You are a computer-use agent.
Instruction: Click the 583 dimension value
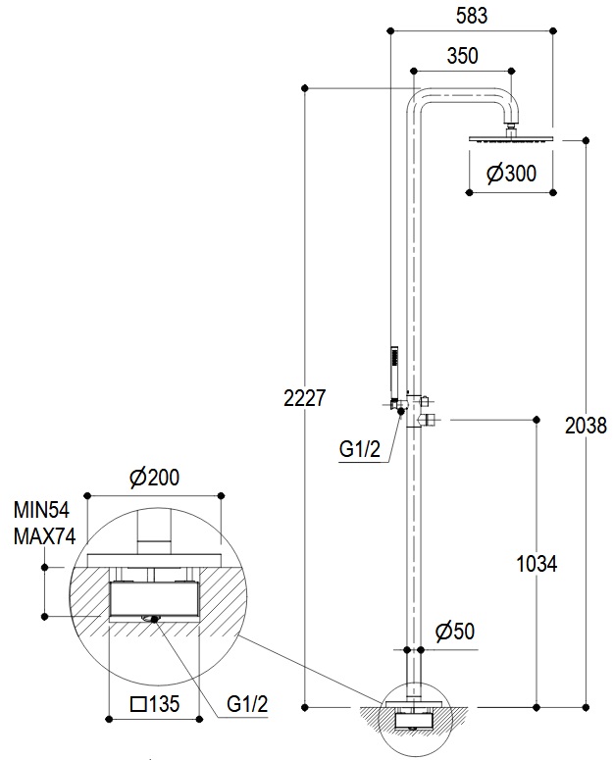point(471,16)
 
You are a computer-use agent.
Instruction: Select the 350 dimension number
point(462,56)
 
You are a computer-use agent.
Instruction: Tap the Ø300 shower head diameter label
point(511,173)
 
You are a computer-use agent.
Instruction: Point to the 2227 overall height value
point(304,398)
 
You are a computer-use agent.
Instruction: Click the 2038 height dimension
point(586,426)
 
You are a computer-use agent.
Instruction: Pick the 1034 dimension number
point(537,564)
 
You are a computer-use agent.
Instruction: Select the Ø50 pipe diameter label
point(454,632)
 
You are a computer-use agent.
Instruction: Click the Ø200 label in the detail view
point(155,478)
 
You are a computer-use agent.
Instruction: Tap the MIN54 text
point(41,510)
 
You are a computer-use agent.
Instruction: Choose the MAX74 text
point(44,536)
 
